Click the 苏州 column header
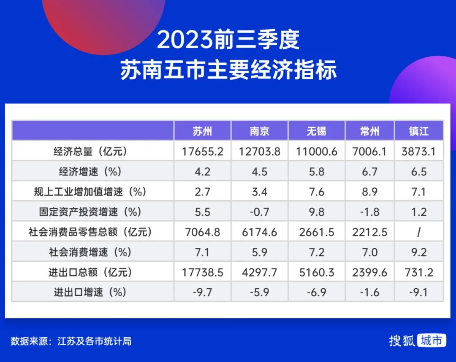[x=202, y=131]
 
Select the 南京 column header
[x=259, y=131]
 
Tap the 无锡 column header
[x=316, y=131]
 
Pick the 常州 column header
[x=369, y=131]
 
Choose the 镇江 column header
[x=419, y=131]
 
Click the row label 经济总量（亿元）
[x=90, y=151]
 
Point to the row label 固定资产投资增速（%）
[x=90, y=212]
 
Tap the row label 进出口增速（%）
[x=90, y=292]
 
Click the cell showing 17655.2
[x=202, y=152]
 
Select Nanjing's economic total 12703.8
[x=259, y=152]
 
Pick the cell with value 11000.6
[x=316, y=152]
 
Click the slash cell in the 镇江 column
[x=419, y=232]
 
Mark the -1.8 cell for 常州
[x=369, y=212]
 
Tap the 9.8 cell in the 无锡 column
[x=316, y=212]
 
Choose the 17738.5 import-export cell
[x=202, y=272]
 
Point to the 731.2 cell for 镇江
[x=419, y=272]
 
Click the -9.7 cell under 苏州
[x=202, y=292]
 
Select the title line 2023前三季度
[x=228, y=40]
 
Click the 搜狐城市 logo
[x=417, y=341]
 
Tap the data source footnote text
[x=71, y=341]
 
